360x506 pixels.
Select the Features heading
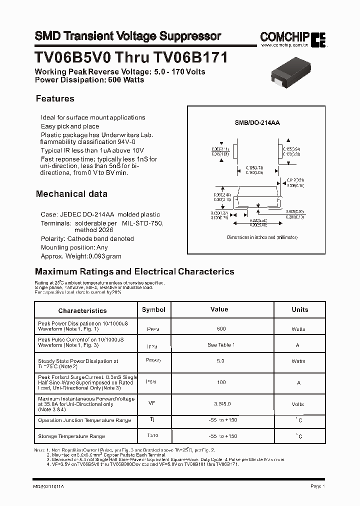(x=55, y=98)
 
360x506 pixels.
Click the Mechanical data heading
(x=71, y=193)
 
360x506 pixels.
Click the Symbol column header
(x=153, y=309)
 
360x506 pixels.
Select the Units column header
(x=300, y=309)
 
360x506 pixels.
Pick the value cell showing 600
(x=221, y=328)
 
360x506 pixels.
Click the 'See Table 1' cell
(x=221, y=344)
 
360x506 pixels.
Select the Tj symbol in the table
(x=152, y=419)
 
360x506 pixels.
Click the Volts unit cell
(x=298, y=404)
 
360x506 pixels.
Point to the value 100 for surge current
(x=221, y=382)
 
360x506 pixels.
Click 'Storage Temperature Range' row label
(x=71, y=436)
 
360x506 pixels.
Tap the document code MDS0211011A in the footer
(x=49, y=486)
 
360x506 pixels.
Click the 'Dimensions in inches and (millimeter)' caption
(x=262, y=237)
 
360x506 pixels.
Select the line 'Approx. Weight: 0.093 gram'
(x=81, y=256)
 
